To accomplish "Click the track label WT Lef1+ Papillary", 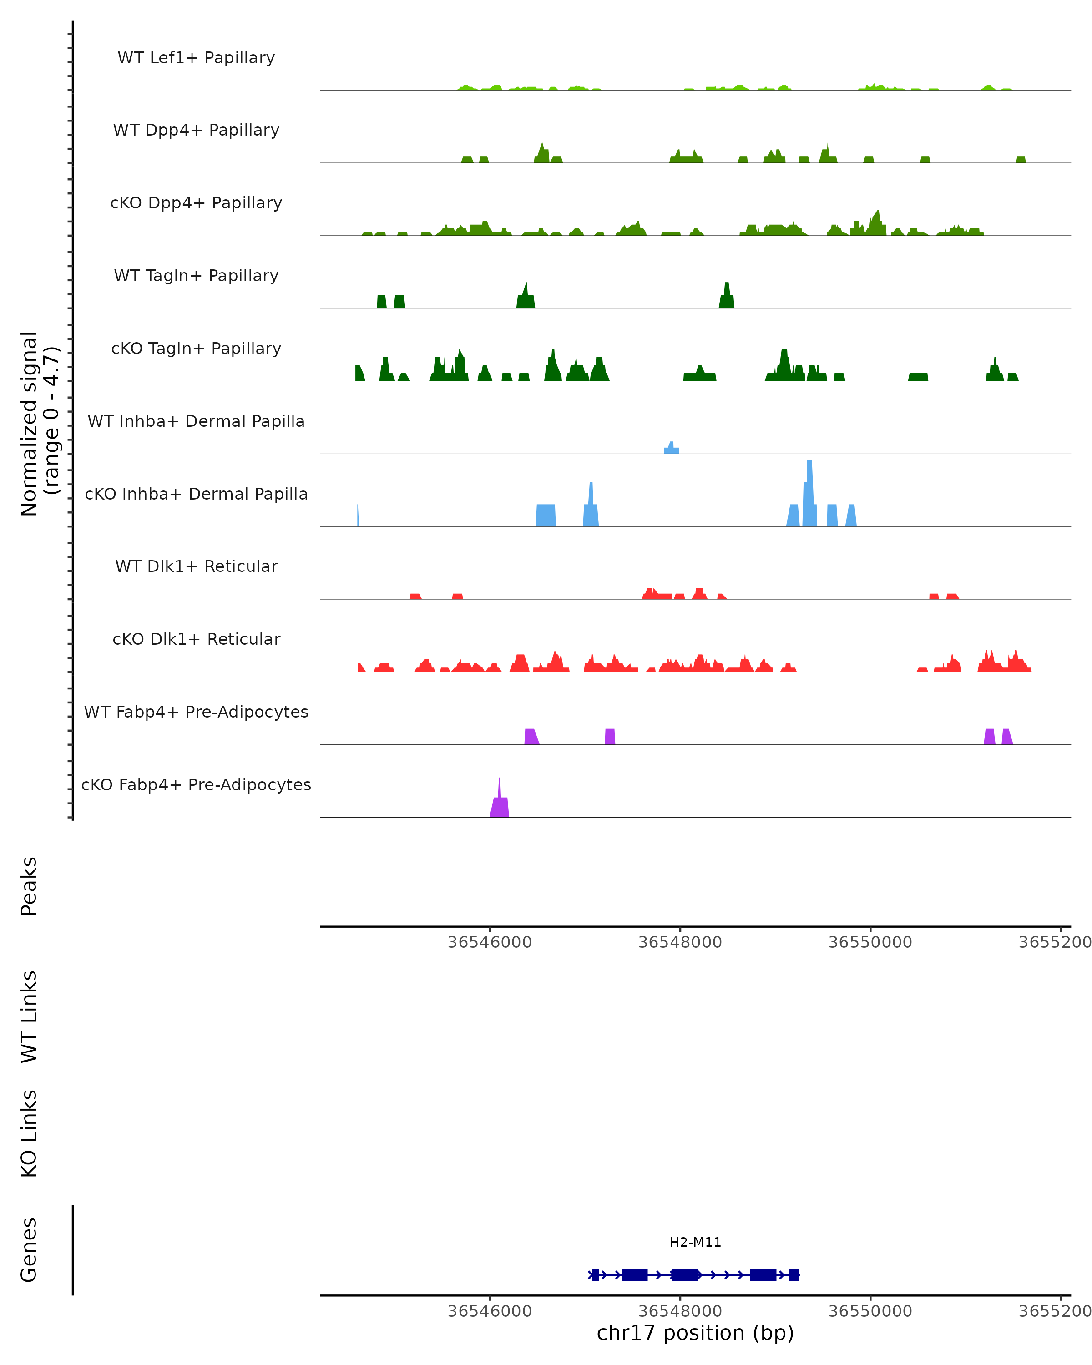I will coord(196,58).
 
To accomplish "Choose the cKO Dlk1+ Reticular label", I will coord(196,639).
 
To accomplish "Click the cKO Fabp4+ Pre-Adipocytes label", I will coord(196,784).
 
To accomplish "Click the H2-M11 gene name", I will coord(695,1242).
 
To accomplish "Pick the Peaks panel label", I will coord(29,886).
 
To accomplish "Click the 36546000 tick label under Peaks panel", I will coord(489,942).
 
